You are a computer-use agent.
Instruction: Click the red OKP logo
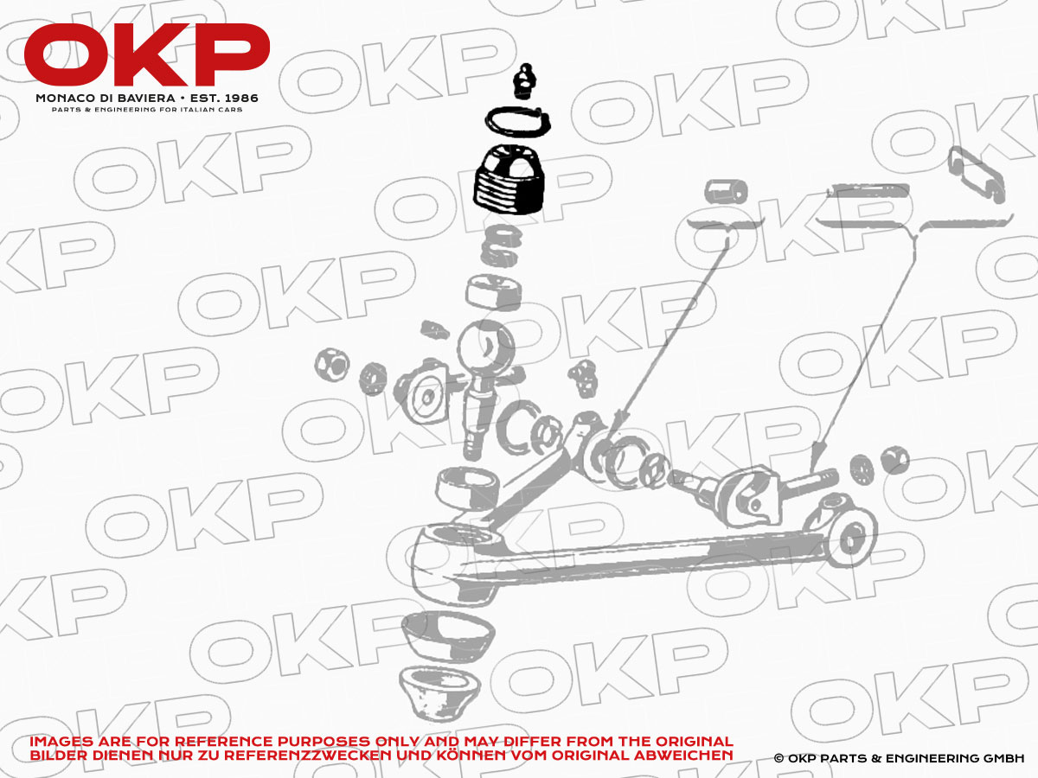tap(146, 54)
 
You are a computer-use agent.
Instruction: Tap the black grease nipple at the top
tap(523, 81)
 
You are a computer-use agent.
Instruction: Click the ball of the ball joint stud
tap(485, 348)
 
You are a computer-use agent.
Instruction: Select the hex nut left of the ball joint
tap(332, 365)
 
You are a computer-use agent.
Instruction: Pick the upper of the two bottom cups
tap(448, 636)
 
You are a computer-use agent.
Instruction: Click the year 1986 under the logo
tap(240, 99)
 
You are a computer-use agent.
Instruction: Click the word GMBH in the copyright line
tap(1004, 758)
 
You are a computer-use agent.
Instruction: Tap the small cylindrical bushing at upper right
tap(726, 191)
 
